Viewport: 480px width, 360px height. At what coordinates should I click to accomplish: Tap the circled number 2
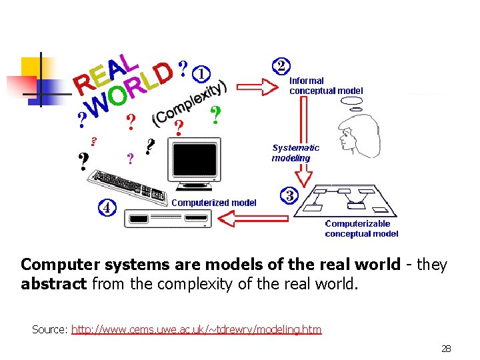point(282,65)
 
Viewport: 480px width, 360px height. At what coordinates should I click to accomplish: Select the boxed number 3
point(290,195)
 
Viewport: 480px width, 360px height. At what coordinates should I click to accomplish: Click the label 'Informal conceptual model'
point(326,86)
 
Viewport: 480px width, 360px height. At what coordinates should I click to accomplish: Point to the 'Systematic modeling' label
point(295,153)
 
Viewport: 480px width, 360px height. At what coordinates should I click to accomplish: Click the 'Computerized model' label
point(214,203)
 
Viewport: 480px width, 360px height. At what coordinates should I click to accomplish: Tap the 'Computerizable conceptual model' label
point(361,229)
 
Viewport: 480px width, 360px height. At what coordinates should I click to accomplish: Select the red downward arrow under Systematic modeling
point(303,175)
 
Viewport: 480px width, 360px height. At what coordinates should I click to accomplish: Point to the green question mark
point(215,115)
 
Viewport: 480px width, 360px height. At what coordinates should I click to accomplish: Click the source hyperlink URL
point(196,329)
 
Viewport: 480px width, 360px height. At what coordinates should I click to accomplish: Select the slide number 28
point(446,349)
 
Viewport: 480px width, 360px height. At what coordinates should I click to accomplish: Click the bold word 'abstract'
point(54,285)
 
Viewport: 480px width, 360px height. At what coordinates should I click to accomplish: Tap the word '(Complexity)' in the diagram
point(190,104)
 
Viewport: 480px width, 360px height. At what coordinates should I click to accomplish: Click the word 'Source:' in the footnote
point(49,329)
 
